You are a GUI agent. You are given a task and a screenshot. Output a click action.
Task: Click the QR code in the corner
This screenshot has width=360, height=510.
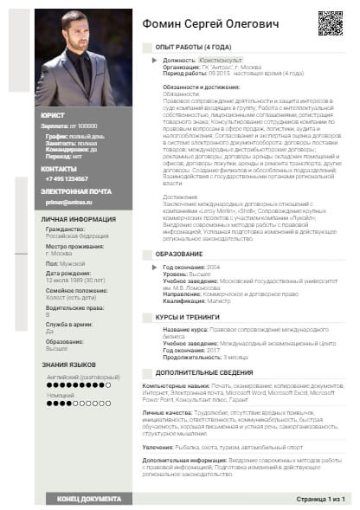(331, 23)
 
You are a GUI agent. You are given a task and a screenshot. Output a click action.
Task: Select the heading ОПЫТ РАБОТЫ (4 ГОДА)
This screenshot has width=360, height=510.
(192, 47)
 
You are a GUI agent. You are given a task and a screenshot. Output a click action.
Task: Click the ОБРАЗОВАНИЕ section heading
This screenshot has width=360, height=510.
(179, 252)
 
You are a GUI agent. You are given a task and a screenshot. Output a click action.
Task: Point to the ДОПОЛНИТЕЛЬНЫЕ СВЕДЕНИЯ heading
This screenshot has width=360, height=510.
(203, 371)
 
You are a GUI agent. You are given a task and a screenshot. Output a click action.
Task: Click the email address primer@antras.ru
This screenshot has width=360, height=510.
(68, 202)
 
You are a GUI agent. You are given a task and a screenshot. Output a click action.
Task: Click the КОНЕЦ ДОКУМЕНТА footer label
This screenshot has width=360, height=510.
(89, 499)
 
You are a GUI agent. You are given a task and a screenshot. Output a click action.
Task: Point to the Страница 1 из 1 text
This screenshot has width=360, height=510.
(320, 499)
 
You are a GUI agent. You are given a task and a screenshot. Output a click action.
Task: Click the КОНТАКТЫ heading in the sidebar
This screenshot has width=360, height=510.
(60, 168)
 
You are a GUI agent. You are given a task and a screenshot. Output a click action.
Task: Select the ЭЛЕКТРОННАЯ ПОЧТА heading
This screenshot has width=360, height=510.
(75, 190)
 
